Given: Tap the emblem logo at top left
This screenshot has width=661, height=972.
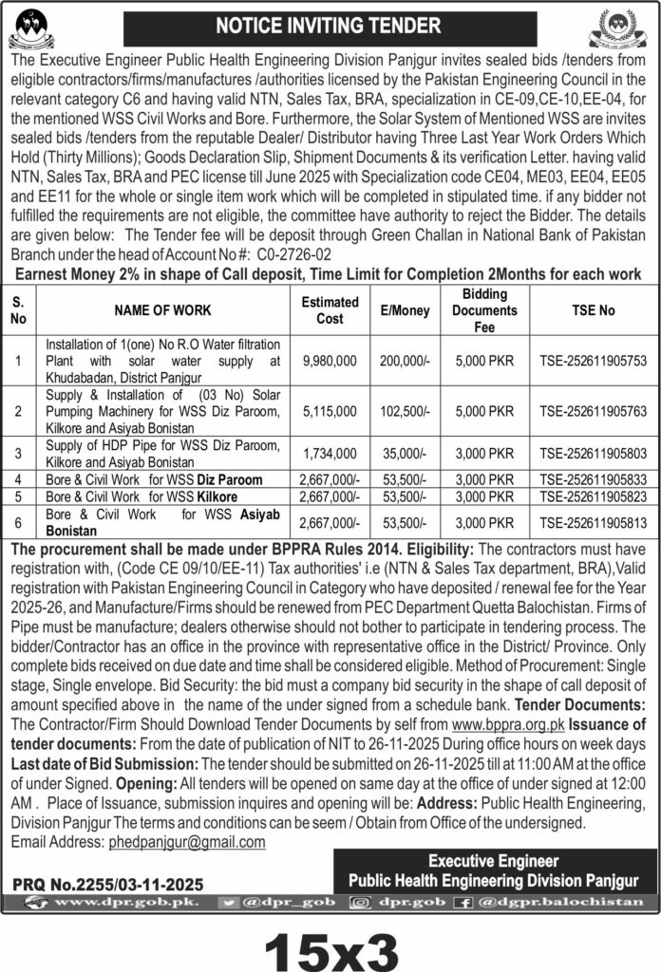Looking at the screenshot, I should (x=32, y=28).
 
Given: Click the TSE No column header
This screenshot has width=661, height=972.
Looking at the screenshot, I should (x=595, y=310).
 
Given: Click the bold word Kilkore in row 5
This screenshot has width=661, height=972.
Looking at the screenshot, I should (x=217, y=496).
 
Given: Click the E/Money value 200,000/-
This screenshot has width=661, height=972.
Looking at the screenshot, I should (x=402, y=361).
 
